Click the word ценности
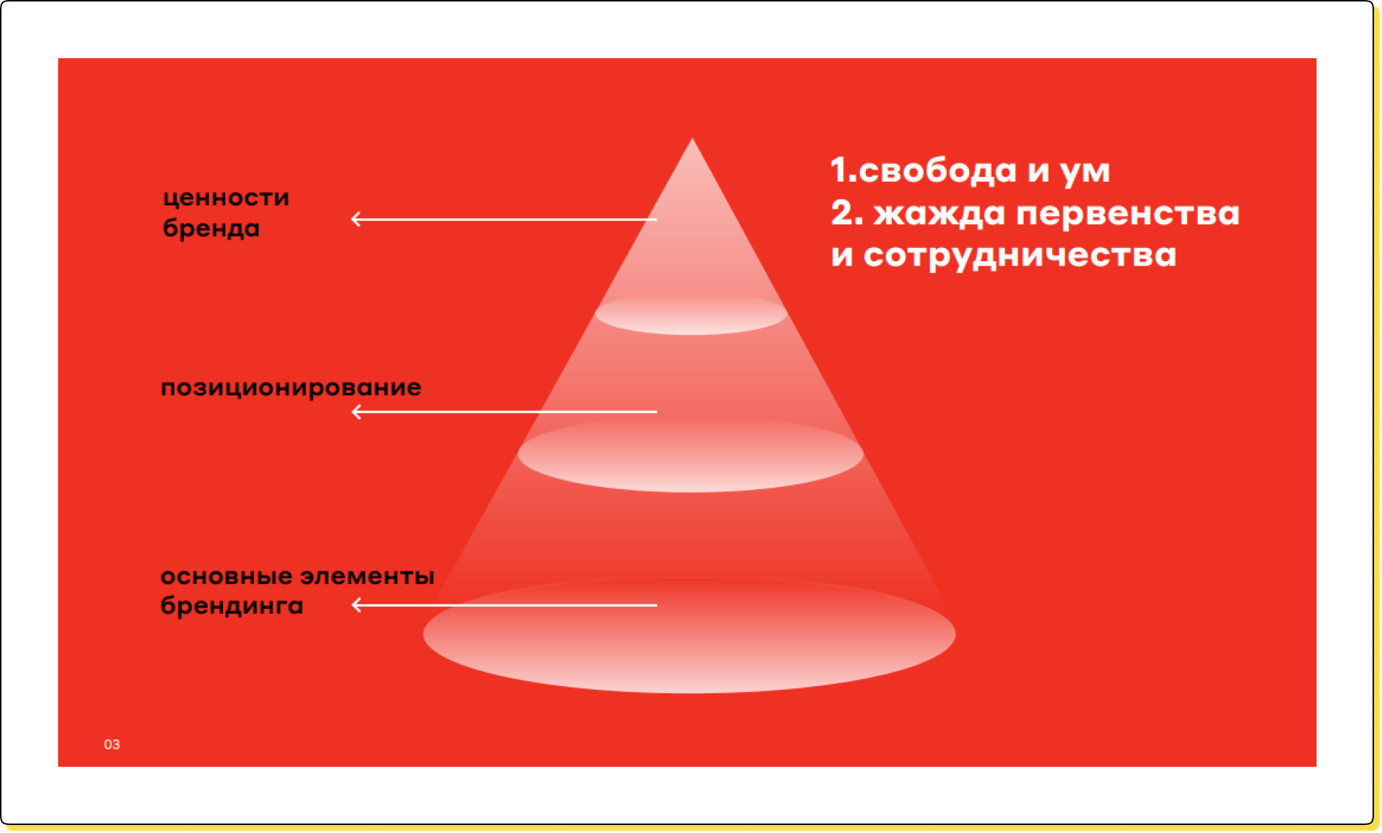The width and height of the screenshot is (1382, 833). [x=226, y=199]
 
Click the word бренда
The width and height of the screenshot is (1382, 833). [x=212, y=228]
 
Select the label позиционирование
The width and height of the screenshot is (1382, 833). [x=291, y=388]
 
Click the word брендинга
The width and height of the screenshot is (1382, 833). [x=232, y=605]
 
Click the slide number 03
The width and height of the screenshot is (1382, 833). [x=112, y=744]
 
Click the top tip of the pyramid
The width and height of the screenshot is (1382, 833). [x=692, y=138]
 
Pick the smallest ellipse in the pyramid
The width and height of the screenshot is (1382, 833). [x=691, y=314]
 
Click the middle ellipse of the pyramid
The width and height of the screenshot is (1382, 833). [x=691, y=455]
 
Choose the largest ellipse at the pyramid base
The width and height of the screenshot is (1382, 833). [x=689, y=635]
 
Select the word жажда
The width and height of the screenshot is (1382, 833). [x=939, y=214]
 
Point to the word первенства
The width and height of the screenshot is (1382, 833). [x=1128, y=214]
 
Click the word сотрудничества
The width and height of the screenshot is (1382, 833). [x=1020, y=256]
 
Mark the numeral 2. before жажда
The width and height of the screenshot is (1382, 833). [x=847, y=212]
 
